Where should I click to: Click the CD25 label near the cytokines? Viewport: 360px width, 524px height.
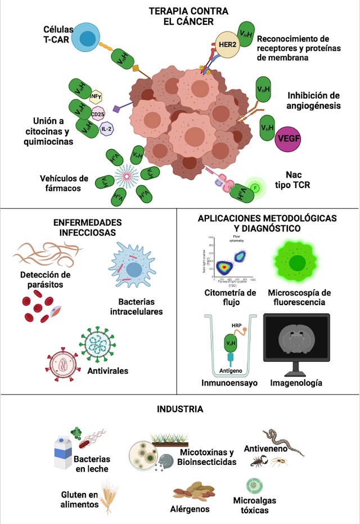pos(98,115)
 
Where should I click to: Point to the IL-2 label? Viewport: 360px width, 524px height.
pos(107,129)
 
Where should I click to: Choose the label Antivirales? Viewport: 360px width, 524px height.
pos(108,371)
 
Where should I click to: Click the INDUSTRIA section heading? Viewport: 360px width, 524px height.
pos(180,409)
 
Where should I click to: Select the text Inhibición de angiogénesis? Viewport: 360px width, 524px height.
pos(314,100)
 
